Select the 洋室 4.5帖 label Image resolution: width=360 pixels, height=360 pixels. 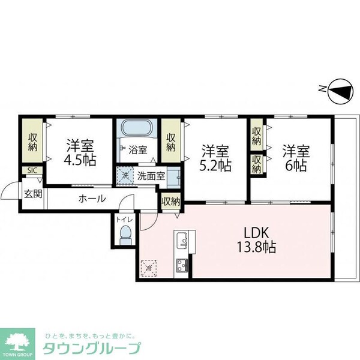click(x=79, y=153)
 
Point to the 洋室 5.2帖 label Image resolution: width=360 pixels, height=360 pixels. click(x=214, y=157)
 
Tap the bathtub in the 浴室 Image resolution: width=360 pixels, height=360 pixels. click(x=137, y=128)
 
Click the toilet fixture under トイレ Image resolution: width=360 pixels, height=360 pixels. click(x=125, y=233)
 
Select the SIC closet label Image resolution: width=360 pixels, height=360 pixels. click(x=31, y=170)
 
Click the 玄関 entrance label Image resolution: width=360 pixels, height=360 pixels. click(x=32, y=194)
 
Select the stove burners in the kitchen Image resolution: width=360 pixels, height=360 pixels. click(x=181, y=265)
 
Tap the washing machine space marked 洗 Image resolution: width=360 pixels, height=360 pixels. click(x=125, y=176)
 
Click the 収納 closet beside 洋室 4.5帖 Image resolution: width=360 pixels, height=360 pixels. click(x=32, y=140)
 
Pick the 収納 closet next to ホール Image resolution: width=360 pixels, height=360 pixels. click(x=171, y=202)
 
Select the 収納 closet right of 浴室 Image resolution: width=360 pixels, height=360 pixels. click(x=170, y=140)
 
